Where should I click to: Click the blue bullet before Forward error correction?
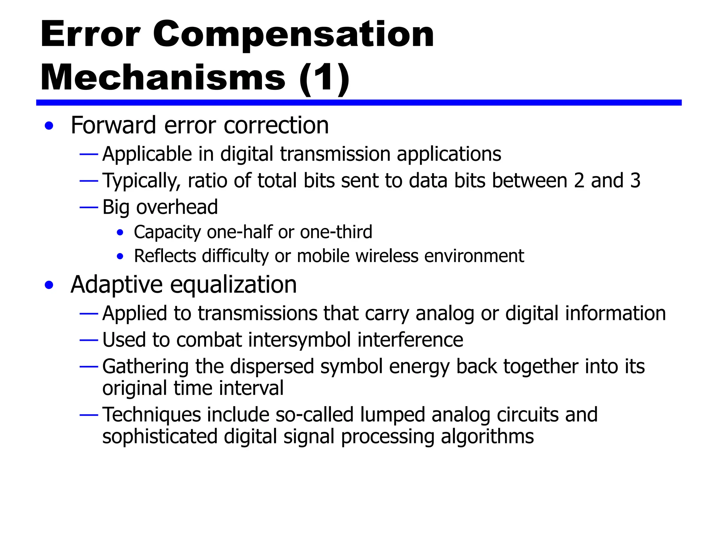(x=49, y=126)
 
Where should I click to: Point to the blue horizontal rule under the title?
(x=358, y=103)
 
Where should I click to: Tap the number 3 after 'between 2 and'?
(x=635, y=181)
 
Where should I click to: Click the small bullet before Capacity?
(x=120, y=233)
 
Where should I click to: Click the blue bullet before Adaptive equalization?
(x=49, y=285)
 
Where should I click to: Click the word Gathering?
(x=145, y=367)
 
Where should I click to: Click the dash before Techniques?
(x=89, y=415)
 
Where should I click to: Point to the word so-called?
(x=315, y=415)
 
